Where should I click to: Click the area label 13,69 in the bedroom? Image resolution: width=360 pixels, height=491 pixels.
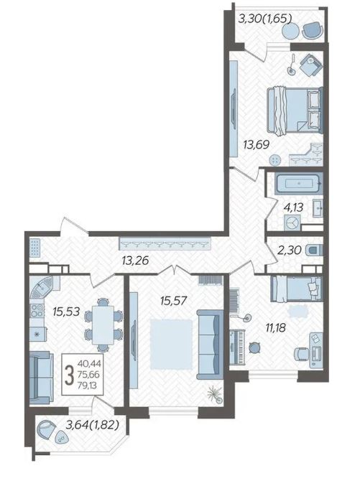point(257,145)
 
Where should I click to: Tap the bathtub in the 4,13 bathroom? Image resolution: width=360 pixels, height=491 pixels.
point(298,184)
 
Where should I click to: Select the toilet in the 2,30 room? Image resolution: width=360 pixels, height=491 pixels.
point(315,251)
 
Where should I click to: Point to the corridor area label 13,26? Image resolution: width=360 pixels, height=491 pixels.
point(136,261)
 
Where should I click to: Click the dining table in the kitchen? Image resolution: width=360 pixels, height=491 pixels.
point(103,324)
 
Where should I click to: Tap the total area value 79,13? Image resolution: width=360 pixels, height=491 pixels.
point(88,385)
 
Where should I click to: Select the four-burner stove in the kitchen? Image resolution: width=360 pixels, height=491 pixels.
point(37,311)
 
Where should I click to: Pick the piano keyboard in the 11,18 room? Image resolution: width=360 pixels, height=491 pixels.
point(237,347)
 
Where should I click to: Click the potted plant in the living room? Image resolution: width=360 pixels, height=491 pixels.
point(216,394)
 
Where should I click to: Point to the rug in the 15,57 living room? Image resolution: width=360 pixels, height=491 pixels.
point(171,344)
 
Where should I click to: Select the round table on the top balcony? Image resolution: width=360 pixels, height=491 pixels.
point(290,31)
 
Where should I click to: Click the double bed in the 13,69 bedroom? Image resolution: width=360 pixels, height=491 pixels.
point(295,111)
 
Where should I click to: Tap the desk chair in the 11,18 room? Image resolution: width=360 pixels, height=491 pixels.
point(301,354)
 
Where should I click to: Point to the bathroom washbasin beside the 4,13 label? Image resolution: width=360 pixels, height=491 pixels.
point(318,207)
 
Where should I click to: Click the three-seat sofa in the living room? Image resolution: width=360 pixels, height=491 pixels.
point(210,344)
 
